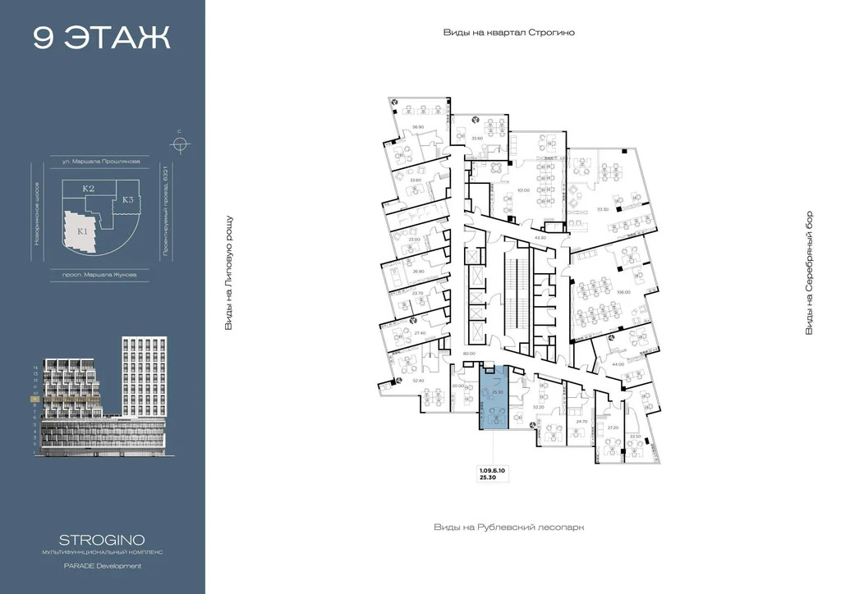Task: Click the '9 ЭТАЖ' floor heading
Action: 102,38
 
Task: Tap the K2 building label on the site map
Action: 89,189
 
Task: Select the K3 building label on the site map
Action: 128,199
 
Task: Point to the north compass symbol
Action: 179,144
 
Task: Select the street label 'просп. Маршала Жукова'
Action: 101,275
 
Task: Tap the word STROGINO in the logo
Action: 102,539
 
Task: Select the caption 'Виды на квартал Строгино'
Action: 508,33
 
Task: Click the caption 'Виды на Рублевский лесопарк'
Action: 508,528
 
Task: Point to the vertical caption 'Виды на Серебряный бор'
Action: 809,272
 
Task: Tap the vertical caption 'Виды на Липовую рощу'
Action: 229,273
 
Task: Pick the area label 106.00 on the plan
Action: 623,292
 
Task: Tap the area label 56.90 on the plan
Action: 417,127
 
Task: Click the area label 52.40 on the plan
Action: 418,381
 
